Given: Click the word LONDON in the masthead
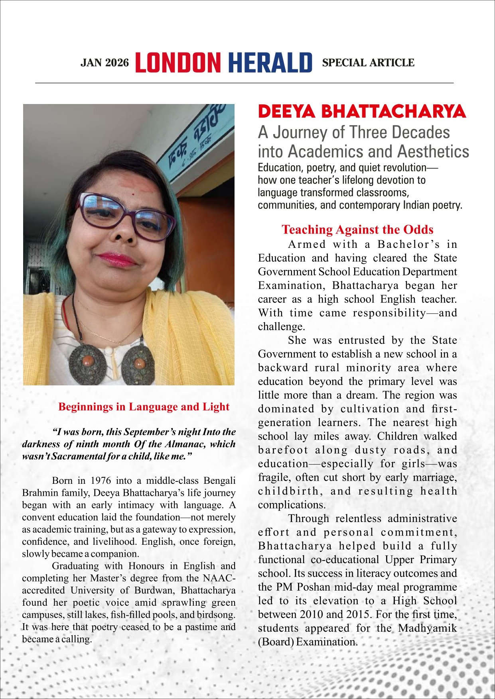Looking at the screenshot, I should pyautogui.click(x=178, y=63).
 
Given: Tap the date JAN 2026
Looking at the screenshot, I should pyautogui.click(x=105, y=63).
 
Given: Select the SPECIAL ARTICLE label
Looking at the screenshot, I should pyautogui.click(x=368, y=63).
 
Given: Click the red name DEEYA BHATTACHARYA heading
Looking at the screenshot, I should pyautogui.click(x=362, y=112).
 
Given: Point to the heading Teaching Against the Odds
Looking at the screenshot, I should pyautogui.click(x=357, y=230).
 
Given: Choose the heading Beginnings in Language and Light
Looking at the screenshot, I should pyautogui.click(x=144, y=407).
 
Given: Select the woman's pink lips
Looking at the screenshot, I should pyautogui.click(x=117, y=259).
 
